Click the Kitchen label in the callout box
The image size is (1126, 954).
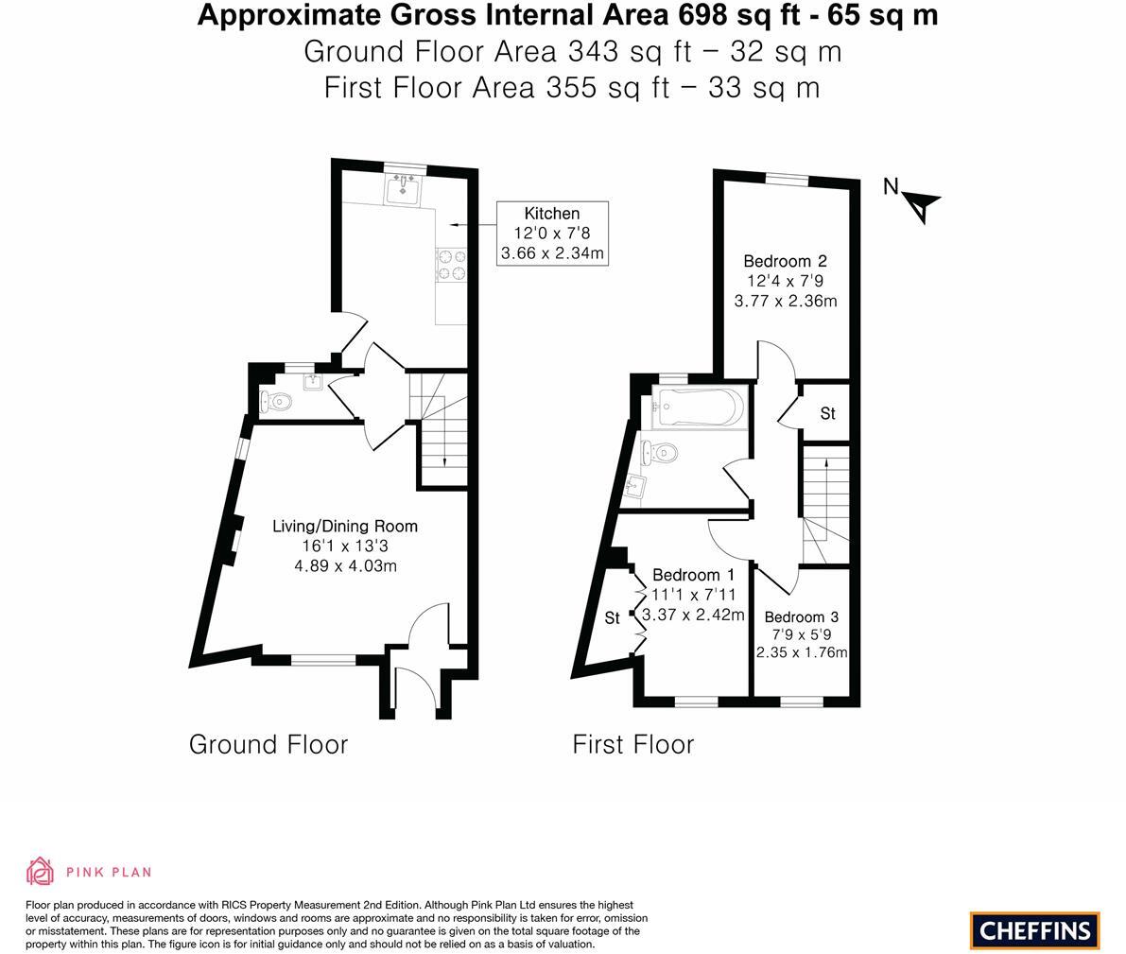tap(551, 214)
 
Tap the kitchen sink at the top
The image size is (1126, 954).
tap(406, 187)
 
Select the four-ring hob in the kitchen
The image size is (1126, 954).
tap(451, 265)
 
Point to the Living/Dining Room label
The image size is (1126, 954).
tap(345, 527)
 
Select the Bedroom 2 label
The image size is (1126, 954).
tap(785, 262)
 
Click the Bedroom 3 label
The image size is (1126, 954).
tap(801, 617)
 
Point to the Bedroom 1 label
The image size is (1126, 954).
tap(693, 575)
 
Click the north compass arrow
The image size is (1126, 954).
tap(920, 204)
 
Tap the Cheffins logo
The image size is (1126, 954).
tap(1034, 929)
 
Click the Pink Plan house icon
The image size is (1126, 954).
tap(40, 871)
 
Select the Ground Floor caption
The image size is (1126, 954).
tap(269, 744)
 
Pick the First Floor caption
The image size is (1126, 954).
tap(632, 744)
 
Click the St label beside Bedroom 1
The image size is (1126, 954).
tap(612, 618)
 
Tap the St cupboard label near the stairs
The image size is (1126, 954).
tap(827, 413)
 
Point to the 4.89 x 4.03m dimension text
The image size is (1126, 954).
tap(345, 566)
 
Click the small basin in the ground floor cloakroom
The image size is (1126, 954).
tap(313, 382)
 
